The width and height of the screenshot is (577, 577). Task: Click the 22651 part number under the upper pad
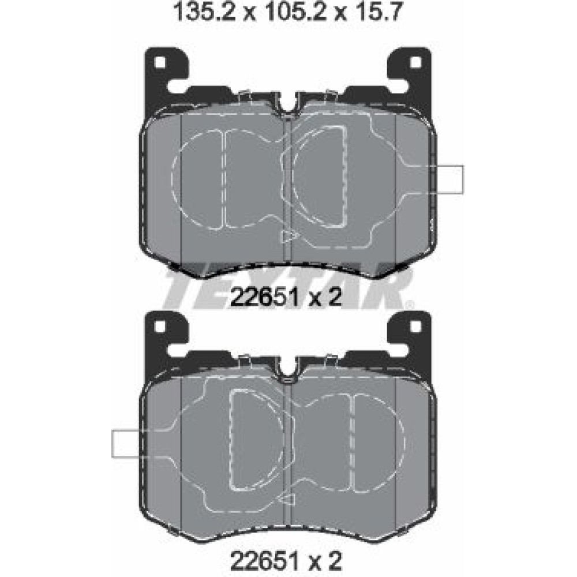[x=263, y=297]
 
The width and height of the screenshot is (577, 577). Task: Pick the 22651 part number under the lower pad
[x=263, y=561]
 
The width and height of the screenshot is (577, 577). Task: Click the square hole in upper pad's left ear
[x=160, y=62]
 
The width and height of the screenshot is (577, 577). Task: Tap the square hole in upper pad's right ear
[x=415, y=62]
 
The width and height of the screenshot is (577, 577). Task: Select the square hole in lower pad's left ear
[x=160, y=326]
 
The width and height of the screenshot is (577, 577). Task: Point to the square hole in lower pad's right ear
[x=415, y=326]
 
